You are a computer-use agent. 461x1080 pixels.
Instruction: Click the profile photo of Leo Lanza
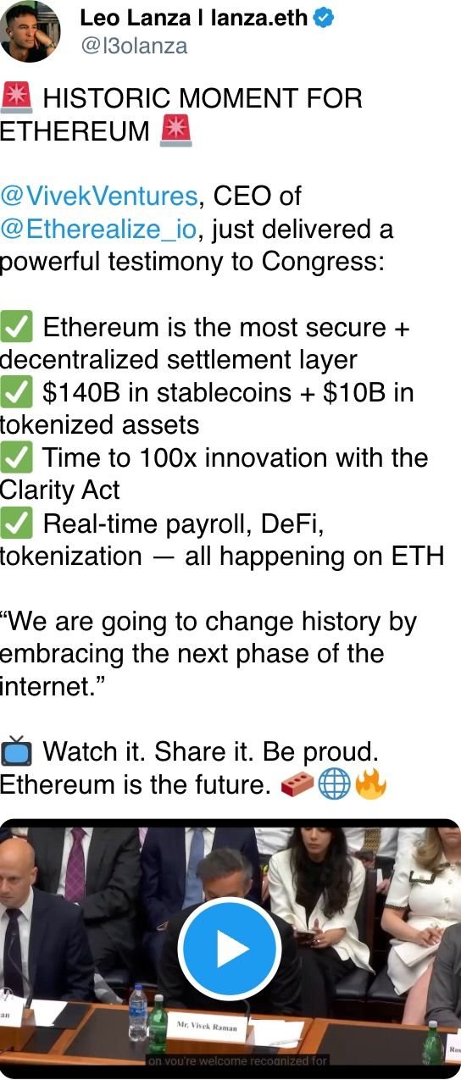point(31,30)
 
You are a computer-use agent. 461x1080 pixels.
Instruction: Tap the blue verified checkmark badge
point(324,17)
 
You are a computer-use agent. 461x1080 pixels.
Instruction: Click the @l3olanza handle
point(134,46)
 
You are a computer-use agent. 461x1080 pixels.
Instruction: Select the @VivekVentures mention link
point(99,197)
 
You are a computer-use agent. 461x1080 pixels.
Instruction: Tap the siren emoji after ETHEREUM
point(175,131)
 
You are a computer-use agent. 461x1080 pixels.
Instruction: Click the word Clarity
point(31,491)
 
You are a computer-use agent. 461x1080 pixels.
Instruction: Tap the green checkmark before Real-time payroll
point(16,524)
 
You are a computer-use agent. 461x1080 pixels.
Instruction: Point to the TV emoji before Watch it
point(16,751)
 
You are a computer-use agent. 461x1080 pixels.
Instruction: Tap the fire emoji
point(370,785)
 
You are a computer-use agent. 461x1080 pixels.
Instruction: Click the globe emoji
point(335,785)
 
